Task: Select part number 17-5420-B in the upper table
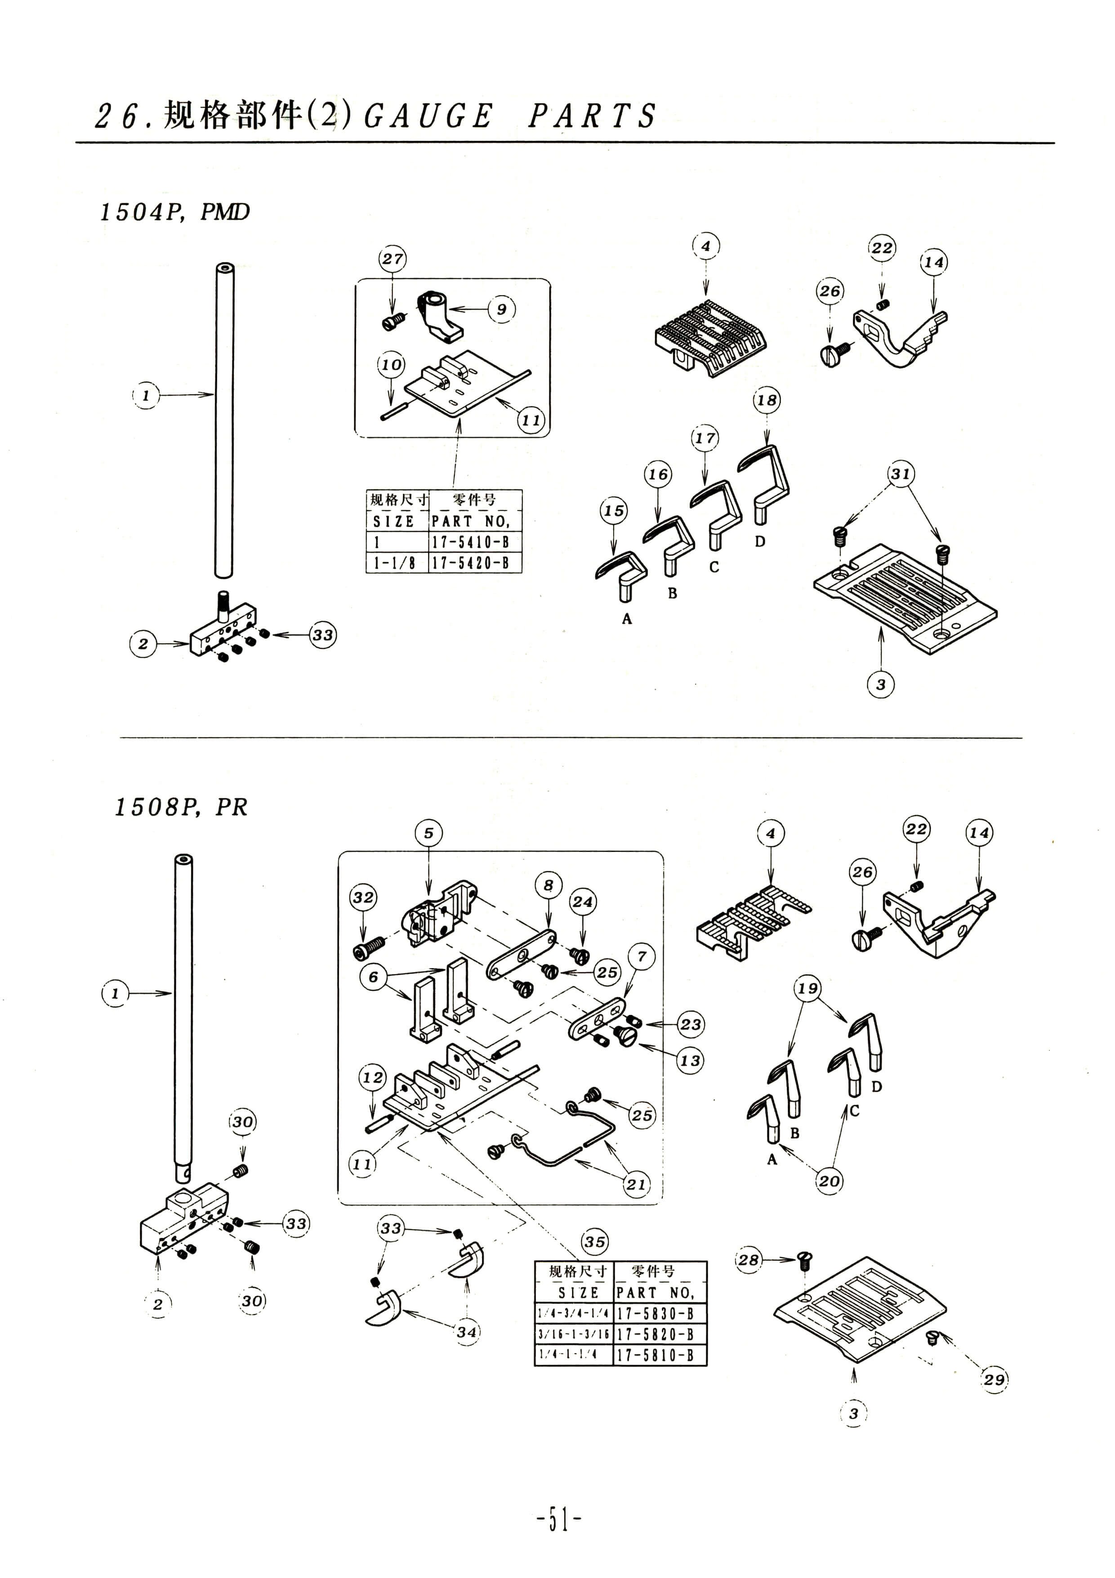pos(471,563)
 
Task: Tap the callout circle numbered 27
pos(392,259)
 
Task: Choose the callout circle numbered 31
pos(901,474)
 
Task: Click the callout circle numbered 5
pos(428,834)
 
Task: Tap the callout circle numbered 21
pos(636,1184)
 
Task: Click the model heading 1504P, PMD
pos(174,212)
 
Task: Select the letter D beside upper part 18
pos(760,542)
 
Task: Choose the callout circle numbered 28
pos(749,1260)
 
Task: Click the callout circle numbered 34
pos(467,1331)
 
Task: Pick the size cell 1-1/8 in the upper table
pos(394,563)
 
